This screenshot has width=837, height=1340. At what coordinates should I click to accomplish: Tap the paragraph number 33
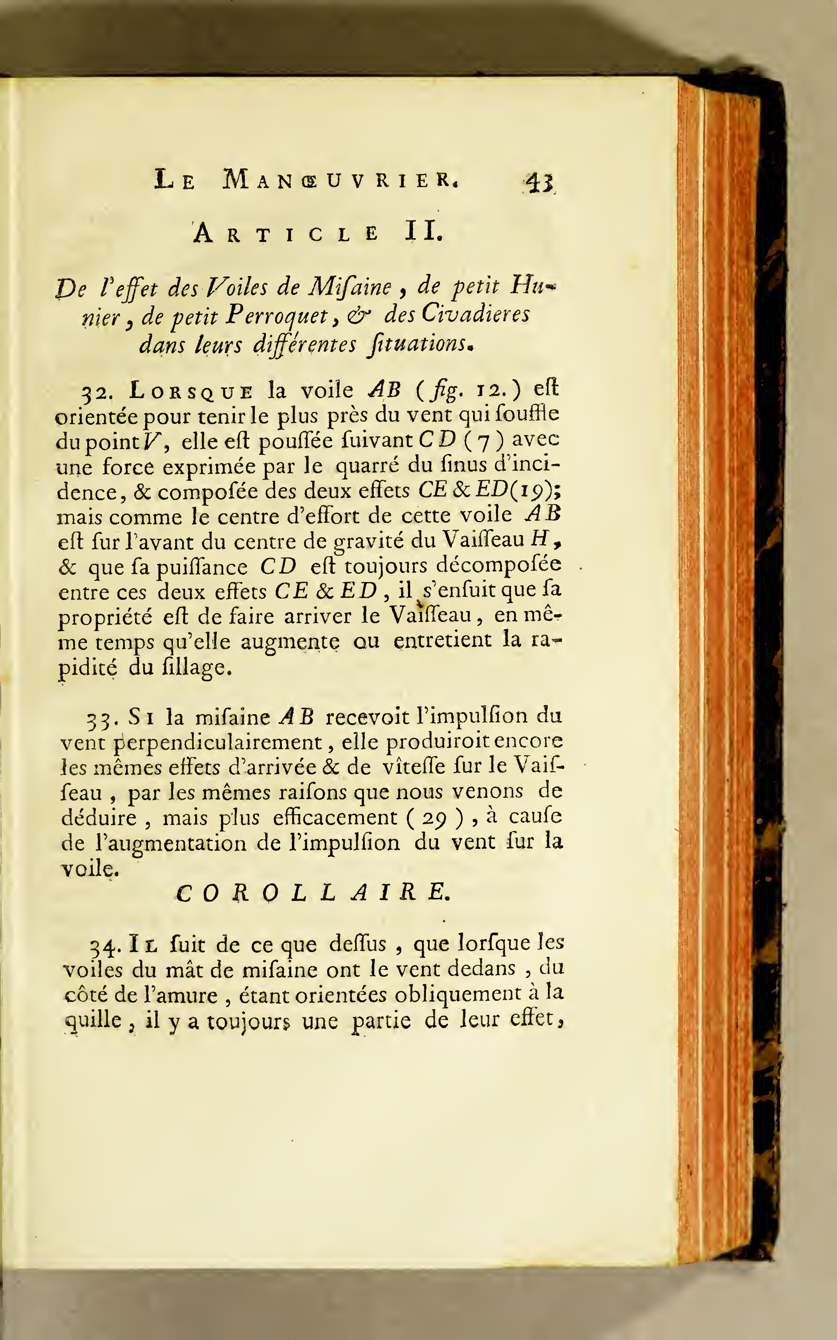pos(100,719)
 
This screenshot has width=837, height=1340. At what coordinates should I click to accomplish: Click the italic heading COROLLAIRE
pos(313,893)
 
